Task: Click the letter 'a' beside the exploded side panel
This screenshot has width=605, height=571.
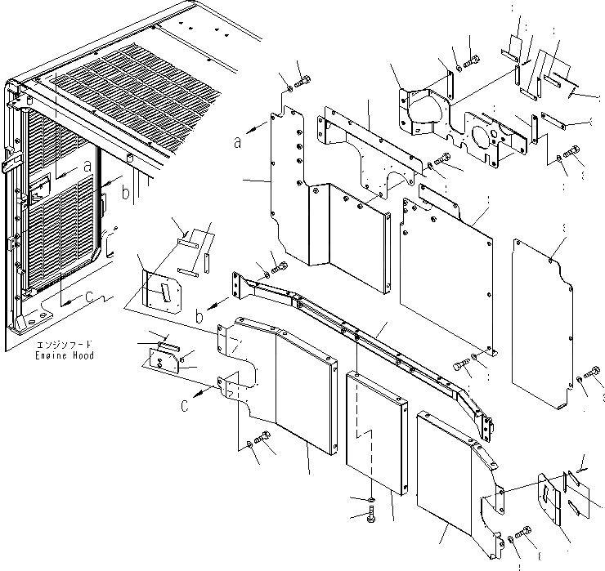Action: [x=238, y=141]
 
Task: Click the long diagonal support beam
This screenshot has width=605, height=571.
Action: [x=368, y=335]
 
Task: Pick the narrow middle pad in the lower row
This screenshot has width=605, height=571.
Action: [x=376, y=433]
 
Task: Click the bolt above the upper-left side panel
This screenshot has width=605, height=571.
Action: [x=305, y=80]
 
